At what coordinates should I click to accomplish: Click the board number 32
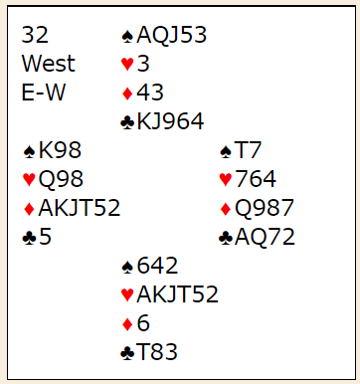[x=35, y=35]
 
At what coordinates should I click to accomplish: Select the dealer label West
[x=49, y=64]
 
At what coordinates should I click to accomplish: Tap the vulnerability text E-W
[x=44, y=93]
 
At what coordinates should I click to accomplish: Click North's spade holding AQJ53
[x=172, y=35]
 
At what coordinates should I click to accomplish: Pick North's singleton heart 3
[x=143, y=64]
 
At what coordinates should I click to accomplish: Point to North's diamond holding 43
[x=150, y=93]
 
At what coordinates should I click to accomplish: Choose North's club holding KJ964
[x=170, y=121]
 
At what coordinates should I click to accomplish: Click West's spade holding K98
[x=60, y=150]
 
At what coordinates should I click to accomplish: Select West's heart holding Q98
[x=61, y=179]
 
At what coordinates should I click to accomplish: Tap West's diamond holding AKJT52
[x=80, y=208]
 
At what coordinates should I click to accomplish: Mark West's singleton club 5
[x=45, y=237]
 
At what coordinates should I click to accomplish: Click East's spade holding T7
[x=248, y=150]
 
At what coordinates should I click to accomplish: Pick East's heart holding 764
[x=256, y=179]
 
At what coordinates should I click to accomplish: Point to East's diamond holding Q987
[x=265, y=208]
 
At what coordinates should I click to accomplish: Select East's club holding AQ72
[x=265, y=237]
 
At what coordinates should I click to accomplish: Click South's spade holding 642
[x=157, y=266]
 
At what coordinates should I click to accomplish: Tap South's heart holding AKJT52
[x=178, y=294]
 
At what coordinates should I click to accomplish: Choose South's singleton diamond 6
[x=143, y=323]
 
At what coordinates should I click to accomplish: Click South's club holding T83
[x=157, y=352]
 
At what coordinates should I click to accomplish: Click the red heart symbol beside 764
[x=226, y=179]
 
